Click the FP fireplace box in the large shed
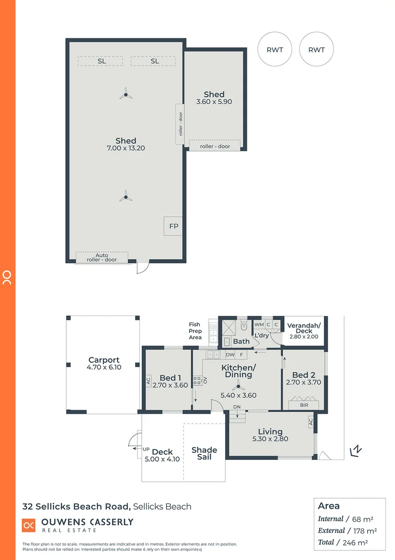[x=173, y=227]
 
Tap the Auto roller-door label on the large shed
[x=101, y=257]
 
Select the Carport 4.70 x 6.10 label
[x=104, y=363]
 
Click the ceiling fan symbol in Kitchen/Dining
[x=238, y=386]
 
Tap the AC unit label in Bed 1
[x=148, y=382]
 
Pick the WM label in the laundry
[x=259, y=325]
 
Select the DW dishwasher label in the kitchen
[x=230, y=355]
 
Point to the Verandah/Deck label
[x=304, y=328]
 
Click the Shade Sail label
[x=204, y=453]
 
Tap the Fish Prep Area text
[x=195, y=331]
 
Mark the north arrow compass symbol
[x=356, y=451]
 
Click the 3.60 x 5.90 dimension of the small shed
[x=214, y=102]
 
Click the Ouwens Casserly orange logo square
[x=28, y=525]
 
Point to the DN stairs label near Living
[x=237, y=407]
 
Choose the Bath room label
[x=241, y=342]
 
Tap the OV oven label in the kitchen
[x=204, y=381]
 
